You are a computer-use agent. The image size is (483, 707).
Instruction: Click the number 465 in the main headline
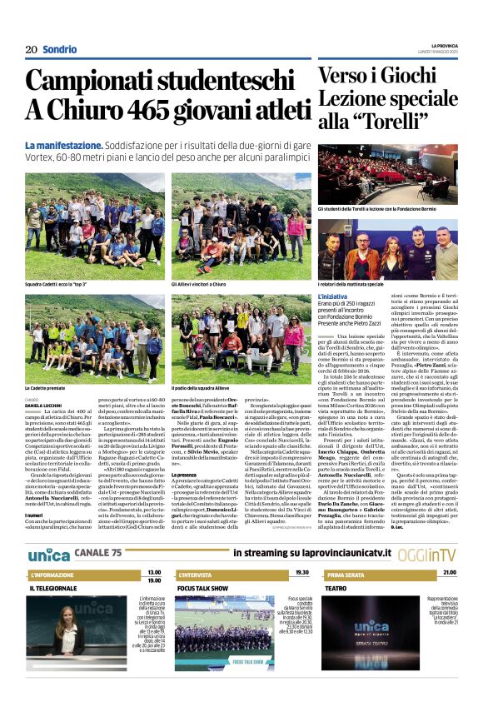pos(163,109)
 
